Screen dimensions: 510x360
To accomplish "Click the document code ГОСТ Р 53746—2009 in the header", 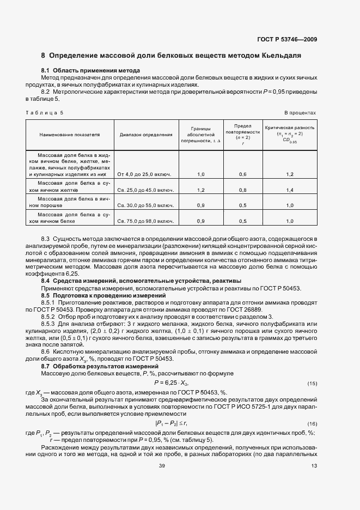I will (287, 39).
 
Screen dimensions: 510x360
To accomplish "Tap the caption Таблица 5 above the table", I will (45, 112).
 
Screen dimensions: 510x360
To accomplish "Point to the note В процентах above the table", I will (300, 112).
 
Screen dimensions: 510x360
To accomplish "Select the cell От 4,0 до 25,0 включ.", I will (144, 174).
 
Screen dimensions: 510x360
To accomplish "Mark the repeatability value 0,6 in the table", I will (243, 174).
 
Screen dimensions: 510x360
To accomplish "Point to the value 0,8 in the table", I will (243, 190).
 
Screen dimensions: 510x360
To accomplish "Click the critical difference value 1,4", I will (289, 190).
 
